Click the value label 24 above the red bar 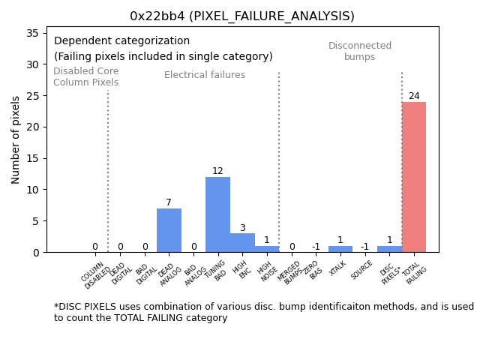click(x=414, y=96)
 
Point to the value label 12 click(x=217, y=171)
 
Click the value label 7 click(x=169, y=202)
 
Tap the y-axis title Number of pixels click(x=16, y=139)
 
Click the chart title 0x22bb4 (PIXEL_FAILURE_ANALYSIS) click(x=241, y=16)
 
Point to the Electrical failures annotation click(x=205, y=75)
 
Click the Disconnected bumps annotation click(x=360, y=51)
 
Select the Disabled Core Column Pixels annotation click(x=85, y=76)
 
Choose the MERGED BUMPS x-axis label click(x=289, y=273)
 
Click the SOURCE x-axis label click(x=362, y=271)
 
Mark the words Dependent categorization click(x=121, y=41)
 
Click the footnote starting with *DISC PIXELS click(x=263, y=312)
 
